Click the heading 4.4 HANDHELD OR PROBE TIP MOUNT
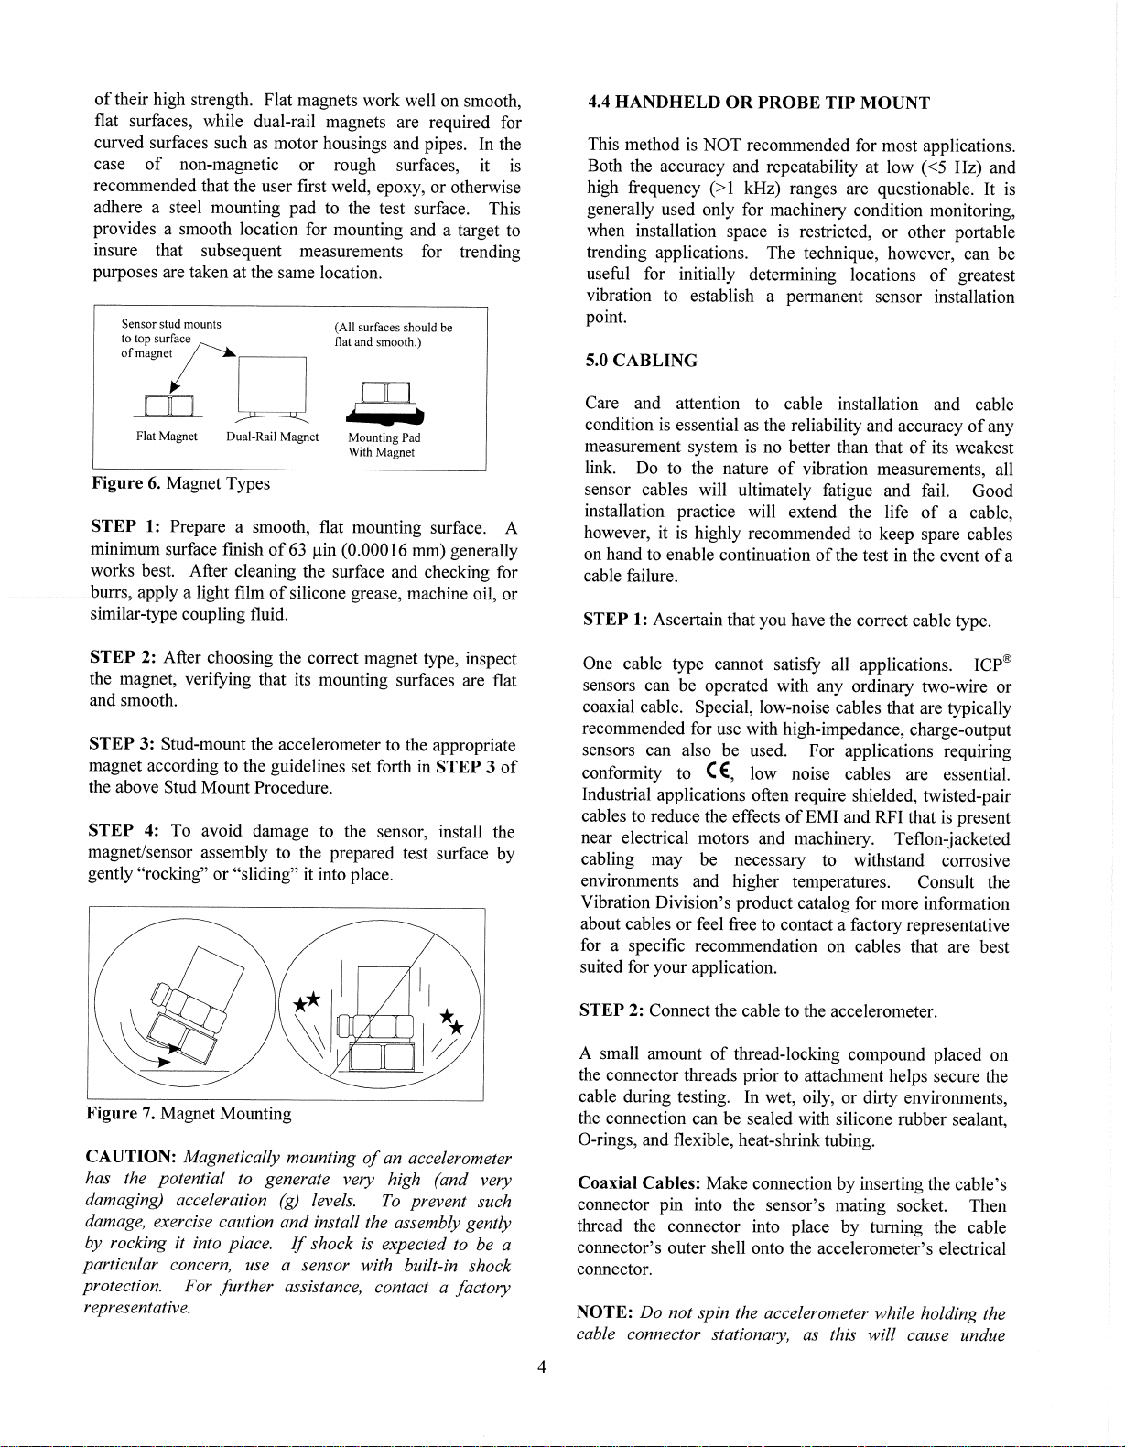[758, 103]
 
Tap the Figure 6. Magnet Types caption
[181, 483]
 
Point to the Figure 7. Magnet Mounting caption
[189, 1114]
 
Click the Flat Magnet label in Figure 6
[167, 437]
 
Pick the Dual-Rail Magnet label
[272, 437]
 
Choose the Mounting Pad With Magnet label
[384, 445]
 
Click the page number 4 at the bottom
[542, 1367]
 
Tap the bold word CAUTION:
[131, 1158]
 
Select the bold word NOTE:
[605, 1313]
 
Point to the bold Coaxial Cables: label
[639, 1183]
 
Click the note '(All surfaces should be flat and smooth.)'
[393, 335]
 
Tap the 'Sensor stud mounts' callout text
[171, 324]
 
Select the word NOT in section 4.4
[722, 146]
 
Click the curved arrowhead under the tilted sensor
[163, 1063]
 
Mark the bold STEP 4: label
[124, 831]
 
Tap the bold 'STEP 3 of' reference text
[476, 767]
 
